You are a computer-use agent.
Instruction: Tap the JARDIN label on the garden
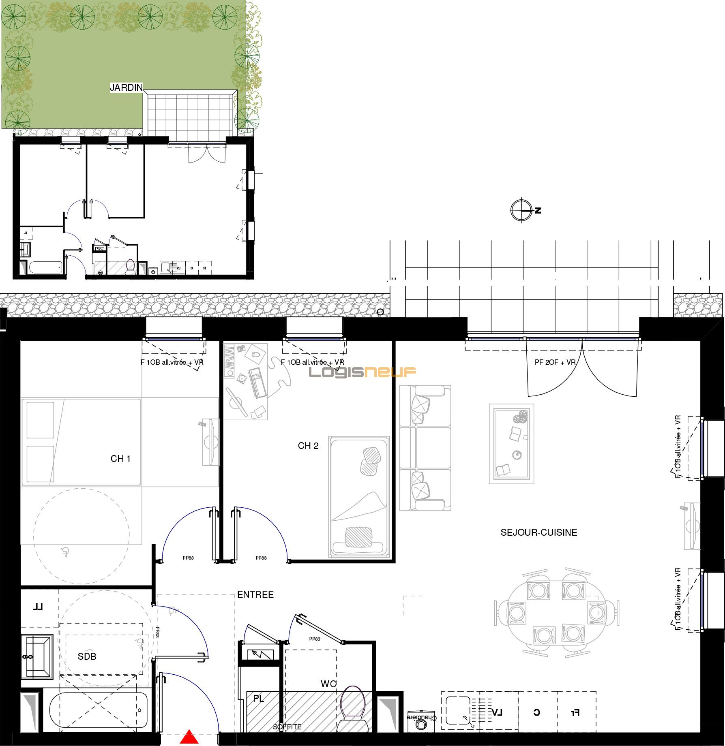tap(127, 87)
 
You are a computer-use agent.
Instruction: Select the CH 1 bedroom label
tap(120, 459)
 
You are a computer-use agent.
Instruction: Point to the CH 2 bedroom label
tap(308, 446)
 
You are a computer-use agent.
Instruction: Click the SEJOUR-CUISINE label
tap(538, 532)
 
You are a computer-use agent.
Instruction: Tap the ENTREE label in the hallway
tap(255, 594)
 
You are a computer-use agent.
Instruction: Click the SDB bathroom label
tap(87, 656)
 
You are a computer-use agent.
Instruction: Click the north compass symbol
tap(521, 210)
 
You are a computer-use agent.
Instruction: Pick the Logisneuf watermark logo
tap(362, 372)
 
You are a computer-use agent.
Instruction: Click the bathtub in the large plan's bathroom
tap(99, 710)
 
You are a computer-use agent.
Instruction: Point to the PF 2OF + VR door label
tap(555, 362)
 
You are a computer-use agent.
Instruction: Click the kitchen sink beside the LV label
tap(458, 710)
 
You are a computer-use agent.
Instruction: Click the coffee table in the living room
tap(511, 444)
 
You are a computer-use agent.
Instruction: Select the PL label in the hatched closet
tap(259, 699)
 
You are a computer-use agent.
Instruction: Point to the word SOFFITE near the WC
tap(287, 727)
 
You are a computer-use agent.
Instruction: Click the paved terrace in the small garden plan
tap(189, 115)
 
